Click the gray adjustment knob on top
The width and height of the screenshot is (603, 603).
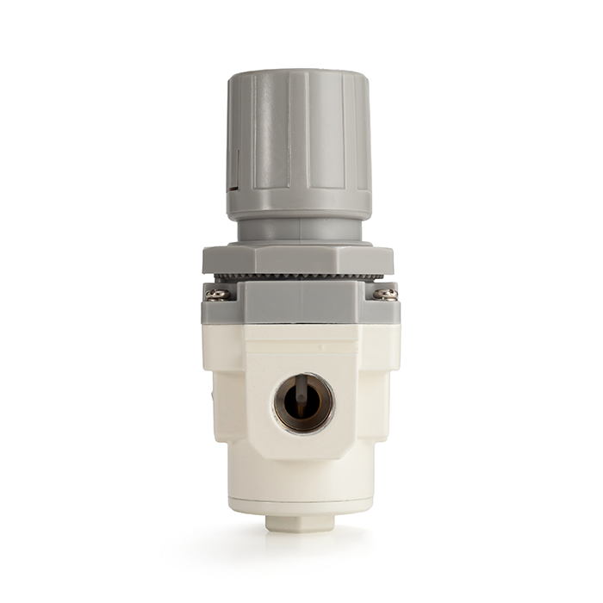click(299, 138)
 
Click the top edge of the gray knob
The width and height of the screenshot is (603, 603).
click(299, 74)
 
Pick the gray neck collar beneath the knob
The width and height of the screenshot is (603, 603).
click(299, 229)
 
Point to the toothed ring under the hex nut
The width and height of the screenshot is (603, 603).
click(298, 277)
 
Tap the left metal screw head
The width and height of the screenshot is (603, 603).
click(216, 294)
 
